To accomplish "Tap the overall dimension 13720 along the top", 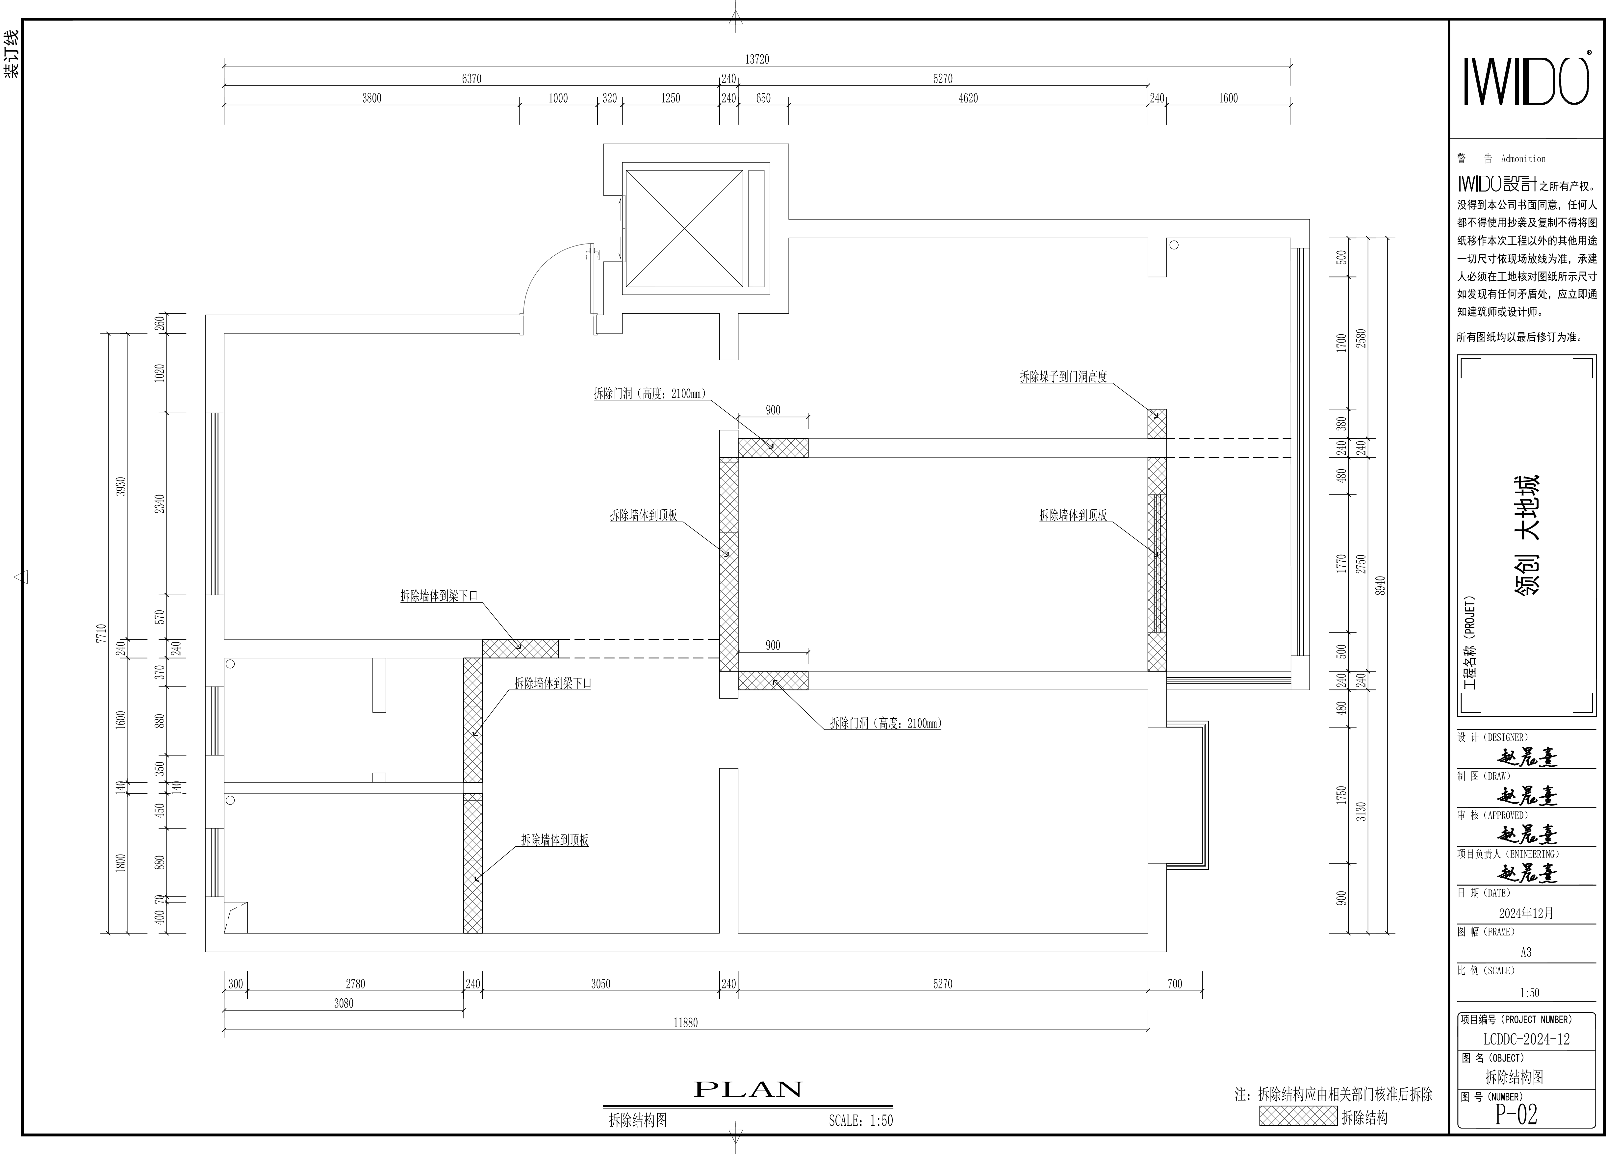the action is tap(757, 60).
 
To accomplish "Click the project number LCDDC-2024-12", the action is tap(1526, 1039).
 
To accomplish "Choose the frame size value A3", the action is tap(1526, 952).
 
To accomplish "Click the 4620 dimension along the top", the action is tap(968, 98).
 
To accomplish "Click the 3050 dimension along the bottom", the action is tap(600, 983).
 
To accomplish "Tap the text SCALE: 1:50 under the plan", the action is tap(861, 1121).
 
